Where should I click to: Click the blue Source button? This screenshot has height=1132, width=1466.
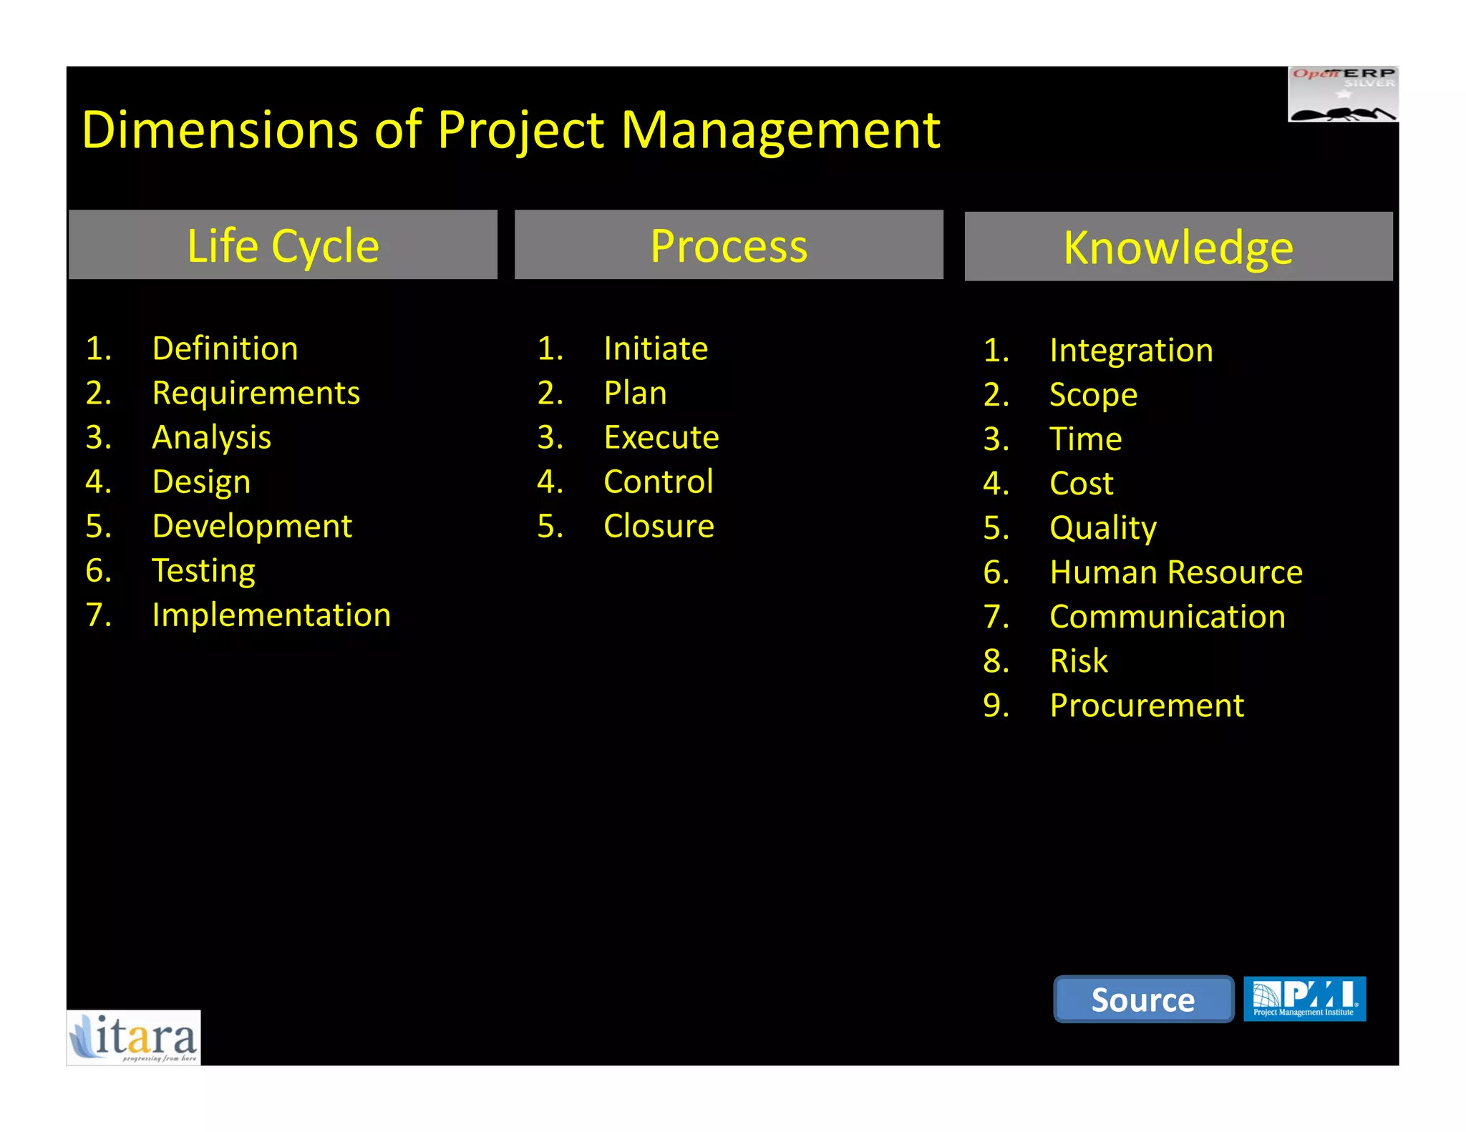pos(1143,999)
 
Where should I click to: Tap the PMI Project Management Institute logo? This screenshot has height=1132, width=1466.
pos(1304,998)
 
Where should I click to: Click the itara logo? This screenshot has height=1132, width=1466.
pos(134,1038)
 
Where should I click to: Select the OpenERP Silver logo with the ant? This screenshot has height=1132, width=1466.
pos(1343,94)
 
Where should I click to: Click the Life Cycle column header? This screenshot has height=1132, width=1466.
pos(283,245)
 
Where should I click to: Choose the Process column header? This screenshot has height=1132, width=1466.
pos(729,245)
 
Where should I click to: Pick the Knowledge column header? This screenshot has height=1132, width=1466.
pos(1178,247)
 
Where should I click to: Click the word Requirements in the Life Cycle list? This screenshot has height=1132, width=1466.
pos(256,393)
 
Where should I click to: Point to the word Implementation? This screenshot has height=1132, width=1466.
pos(271,615)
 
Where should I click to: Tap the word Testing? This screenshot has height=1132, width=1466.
pos(203,570)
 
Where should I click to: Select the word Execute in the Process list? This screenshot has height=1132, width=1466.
pos(661,437)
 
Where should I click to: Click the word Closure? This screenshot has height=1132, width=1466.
pos(659,526)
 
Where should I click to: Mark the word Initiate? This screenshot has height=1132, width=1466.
pos(656,348)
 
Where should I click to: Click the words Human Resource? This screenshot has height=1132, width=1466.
pos(1175,572)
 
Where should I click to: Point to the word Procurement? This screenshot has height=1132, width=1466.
pos(1147,705)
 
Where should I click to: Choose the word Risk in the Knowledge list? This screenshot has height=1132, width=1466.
pos(1078,660)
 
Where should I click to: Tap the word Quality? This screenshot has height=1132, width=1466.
pos(1102,528)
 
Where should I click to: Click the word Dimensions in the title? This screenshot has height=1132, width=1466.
pos(220,130)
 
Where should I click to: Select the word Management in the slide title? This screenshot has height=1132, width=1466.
pos(780,130)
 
